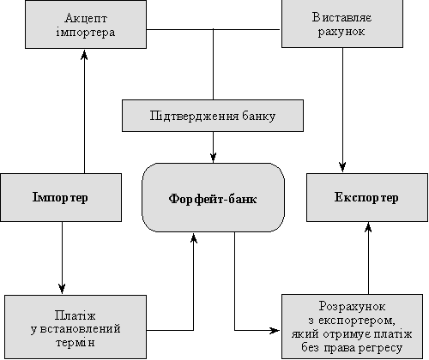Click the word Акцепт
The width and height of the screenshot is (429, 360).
pyautogui.click(x=86, y=19)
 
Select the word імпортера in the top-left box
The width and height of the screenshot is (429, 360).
pyautogui.click(x=86, y=33)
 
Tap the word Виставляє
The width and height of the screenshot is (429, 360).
pyautogui.click(x=342, y=17)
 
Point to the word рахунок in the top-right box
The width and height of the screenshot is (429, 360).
pyautogui.click(x=341, y=32)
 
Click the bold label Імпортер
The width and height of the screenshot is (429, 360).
pyautogui.click(x=60, y=198)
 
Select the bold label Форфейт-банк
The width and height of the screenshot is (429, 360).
pyautogui.click(x=213, y=199)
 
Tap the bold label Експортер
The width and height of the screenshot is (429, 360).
pyautogui.click(x=366, y=197)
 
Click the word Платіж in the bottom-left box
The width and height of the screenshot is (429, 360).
pyautogui.click(x=75, y=316)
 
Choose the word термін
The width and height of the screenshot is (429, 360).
pyautogui.click(x=75, y=342)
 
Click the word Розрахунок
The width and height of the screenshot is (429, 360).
pyautogui.click(x=352, y=307)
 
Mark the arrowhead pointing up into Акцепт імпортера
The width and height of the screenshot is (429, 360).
pyautogui.click(x=84, y=55)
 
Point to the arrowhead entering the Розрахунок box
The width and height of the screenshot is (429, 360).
pyautogui.click(x=275, y=331)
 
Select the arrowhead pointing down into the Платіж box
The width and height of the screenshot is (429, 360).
pyautogui.click(x=62, y=289)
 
